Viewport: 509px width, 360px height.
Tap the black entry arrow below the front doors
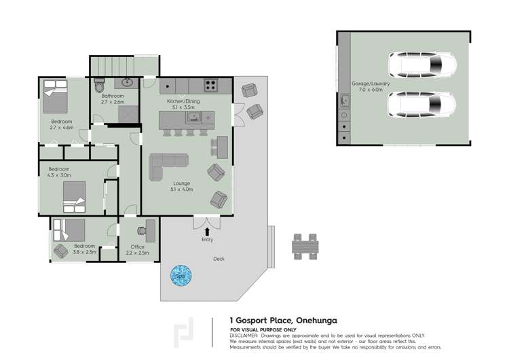[207, 232]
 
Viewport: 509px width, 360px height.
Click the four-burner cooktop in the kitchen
[210, 86]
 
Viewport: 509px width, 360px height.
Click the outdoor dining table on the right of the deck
[305, 246]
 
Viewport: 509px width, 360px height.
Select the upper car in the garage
[421, 66]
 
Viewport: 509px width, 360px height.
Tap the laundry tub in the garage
[345, 101]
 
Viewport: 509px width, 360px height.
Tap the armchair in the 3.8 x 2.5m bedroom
[60, 251]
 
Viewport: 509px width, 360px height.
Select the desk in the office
[149, 231]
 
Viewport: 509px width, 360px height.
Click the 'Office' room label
[137, 247]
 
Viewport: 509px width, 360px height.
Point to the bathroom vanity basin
[127, 84]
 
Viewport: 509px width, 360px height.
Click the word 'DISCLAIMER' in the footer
[244, 335]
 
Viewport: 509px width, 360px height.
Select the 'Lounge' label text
[182, 183]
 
